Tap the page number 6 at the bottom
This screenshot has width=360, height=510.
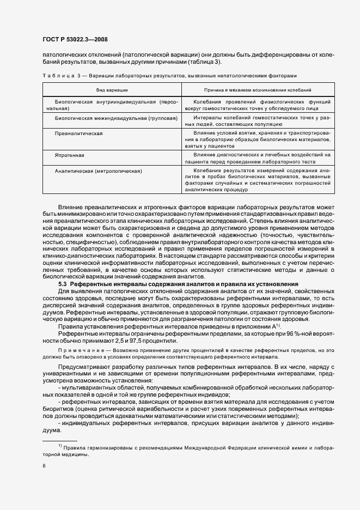click(44, 466)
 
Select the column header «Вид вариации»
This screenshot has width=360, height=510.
click(112, 89)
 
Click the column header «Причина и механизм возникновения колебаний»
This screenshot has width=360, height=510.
click(257, 89)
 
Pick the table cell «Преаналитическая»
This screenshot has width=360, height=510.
click(75, 133)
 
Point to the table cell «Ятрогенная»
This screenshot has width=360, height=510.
click(67, 155)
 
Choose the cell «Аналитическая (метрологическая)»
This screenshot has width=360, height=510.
click(98, 171)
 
